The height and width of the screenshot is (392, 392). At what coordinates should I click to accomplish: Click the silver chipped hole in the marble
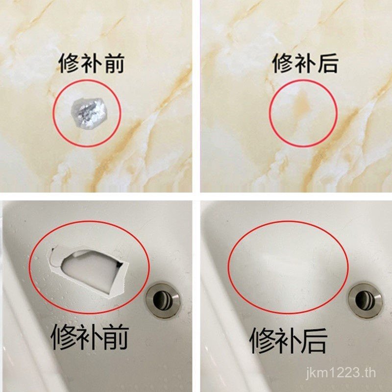click(x=89, y=114)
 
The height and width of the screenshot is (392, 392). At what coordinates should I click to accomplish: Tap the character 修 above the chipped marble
click(x=69, y=63)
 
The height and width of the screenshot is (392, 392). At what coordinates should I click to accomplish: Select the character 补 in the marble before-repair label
click(x=91, y=63)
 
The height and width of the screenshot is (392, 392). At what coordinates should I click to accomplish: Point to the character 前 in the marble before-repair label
click(x=114, y=63)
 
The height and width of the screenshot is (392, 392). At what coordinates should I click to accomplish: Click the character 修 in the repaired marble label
click(x=283, y=63)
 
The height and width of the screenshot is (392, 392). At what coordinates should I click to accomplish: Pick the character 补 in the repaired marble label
click(x=305, y=63)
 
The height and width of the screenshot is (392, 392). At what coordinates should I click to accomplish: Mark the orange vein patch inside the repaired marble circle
click(x=303, y=105)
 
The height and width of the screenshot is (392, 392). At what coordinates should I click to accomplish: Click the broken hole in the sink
click(x=88, y=271)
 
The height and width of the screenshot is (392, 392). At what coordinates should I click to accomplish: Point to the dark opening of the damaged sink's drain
click(x=160, y=299)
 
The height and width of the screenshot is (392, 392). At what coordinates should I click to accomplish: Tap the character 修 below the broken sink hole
click(x=64, y=338)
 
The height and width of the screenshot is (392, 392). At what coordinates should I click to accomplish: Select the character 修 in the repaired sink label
click(x=262, y=341)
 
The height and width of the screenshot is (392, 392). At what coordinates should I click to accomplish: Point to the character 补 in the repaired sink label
click(x=288, y=341)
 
